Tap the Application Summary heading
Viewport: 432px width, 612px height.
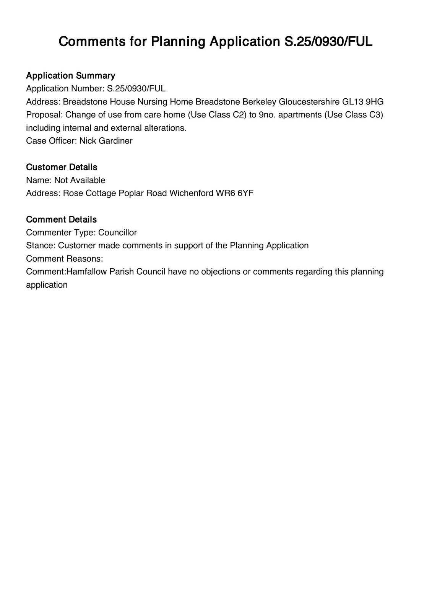click(x=70, y=75)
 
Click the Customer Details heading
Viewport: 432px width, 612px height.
click(x=62, y=167)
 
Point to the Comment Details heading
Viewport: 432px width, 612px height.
click(x=61, y=219)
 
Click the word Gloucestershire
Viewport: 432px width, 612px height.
click(x=309, y=102)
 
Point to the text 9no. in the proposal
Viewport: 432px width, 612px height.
click(x=267, y=115)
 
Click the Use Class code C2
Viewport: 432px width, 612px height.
click(x=236, y=115)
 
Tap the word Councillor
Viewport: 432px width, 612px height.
click(x=117, y=233)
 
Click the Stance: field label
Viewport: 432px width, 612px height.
click(x=41, y=246)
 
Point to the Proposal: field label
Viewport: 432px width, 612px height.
click(x=44, y=115)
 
